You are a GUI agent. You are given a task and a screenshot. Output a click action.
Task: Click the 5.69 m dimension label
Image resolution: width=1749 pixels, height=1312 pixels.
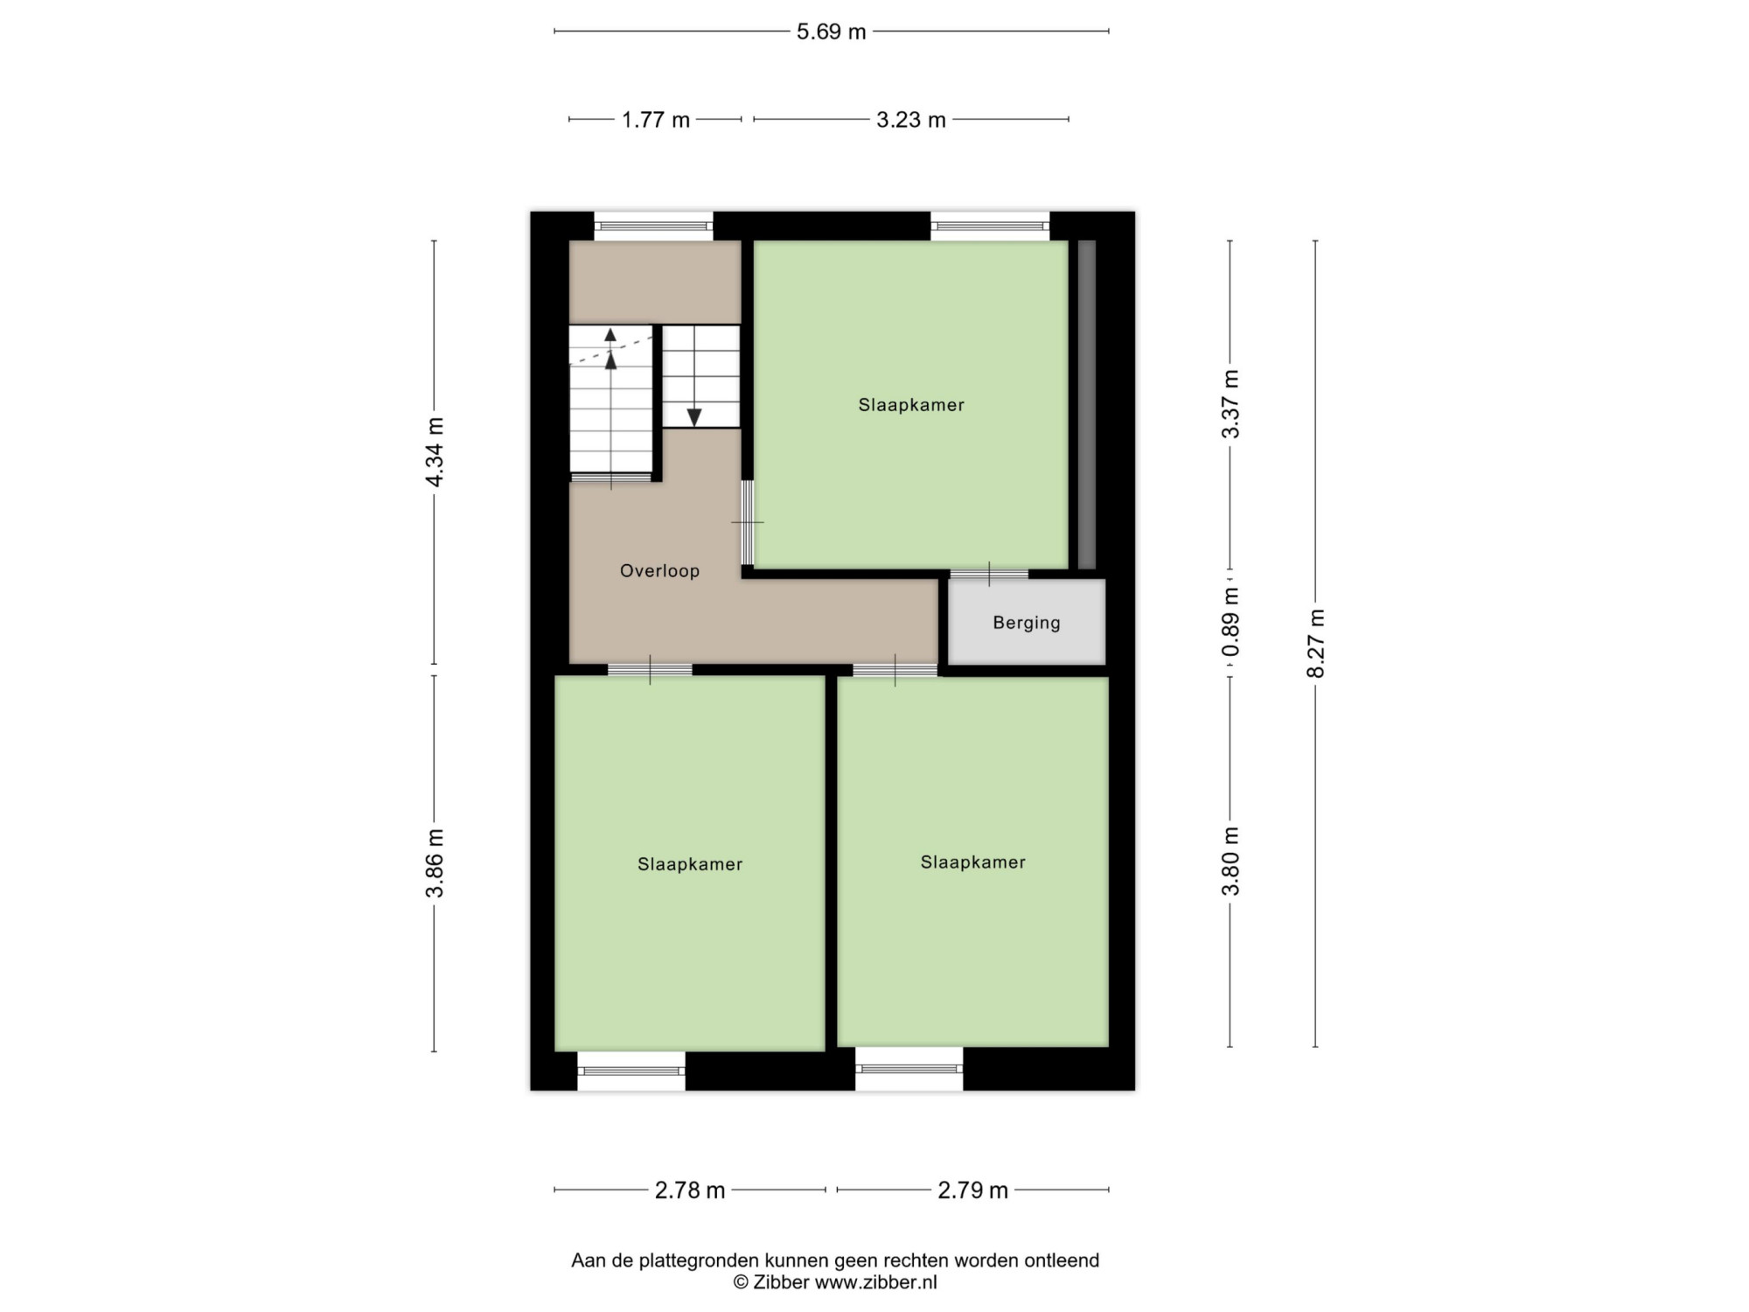[x=831, y=32]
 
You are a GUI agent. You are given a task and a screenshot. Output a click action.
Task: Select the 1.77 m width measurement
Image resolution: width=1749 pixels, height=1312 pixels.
[x=656, y=120]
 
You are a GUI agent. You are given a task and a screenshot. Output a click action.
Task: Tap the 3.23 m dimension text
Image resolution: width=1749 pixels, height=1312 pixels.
[x=911, y=120]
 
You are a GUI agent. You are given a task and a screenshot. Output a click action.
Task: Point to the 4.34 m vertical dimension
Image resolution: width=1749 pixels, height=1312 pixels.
[x=435, y=451]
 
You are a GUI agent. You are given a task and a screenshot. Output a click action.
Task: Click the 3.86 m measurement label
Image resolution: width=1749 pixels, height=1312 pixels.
[x=435, y=863]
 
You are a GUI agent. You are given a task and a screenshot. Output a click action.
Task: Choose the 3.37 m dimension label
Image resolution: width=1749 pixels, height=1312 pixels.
[x=1230, y=404]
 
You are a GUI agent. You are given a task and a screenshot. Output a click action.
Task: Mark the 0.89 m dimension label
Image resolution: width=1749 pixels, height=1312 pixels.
[x=1230, y=622]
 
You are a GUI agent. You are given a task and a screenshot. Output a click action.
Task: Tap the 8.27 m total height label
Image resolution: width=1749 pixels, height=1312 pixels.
[x=1316, y=643]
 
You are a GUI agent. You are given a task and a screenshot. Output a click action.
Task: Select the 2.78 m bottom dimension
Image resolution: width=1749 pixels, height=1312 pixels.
[x=690, y=1190]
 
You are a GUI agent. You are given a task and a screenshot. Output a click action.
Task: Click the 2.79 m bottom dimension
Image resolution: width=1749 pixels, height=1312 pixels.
[x=973, y=1190]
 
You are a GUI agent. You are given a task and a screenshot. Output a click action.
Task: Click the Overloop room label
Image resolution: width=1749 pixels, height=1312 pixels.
[x=659, y=571]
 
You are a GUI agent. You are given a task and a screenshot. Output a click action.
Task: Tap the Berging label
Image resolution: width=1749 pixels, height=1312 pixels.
[x=1027, y=623]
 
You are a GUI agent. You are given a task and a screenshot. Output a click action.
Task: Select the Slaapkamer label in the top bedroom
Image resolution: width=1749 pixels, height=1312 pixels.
[x=911, y=405]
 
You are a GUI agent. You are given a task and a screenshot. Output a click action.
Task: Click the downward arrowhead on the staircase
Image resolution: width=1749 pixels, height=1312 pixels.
[x=694, y=417]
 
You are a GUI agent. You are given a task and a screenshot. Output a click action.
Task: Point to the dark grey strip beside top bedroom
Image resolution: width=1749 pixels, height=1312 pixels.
[x=1087, y=405]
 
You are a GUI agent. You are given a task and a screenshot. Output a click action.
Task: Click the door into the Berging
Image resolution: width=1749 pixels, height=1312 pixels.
[x=989, y=574]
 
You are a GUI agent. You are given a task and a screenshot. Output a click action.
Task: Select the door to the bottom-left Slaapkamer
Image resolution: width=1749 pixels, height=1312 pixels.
[x=650, y=670]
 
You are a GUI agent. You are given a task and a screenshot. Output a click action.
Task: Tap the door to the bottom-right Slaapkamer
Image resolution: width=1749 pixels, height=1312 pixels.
[x=895, y=670]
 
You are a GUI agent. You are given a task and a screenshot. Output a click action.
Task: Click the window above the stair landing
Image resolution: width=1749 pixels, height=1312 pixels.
[x=653, y=226]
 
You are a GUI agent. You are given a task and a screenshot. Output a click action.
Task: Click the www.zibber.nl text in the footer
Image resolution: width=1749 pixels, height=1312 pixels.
[x=875, y=1283]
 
